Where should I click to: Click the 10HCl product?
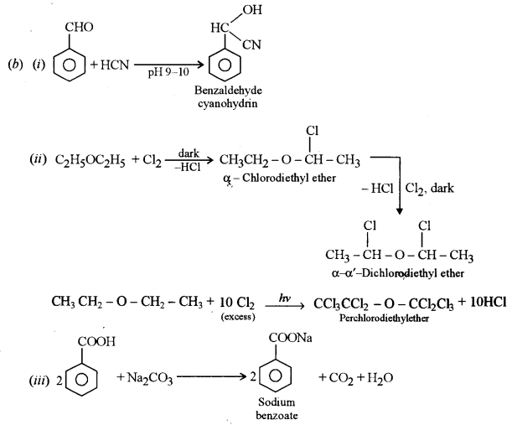(485, 303)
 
